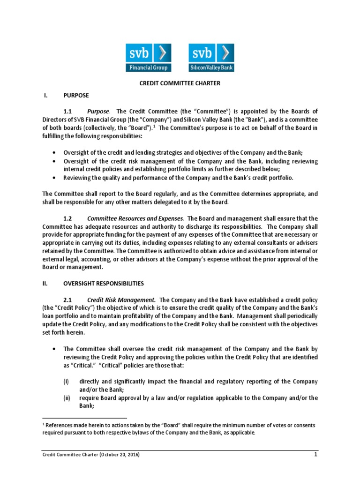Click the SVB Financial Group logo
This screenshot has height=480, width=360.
[148, 57]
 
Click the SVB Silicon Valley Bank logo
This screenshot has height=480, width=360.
[211, 57]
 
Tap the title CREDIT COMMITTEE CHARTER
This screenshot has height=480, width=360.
[180, 83]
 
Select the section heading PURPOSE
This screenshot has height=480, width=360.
[76, 95]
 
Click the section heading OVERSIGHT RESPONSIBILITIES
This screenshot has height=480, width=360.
[104, 284]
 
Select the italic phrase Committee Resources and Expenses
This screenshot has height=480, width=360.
[135, 218]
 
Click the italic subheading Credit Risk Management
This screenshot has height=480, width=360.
[121, 300]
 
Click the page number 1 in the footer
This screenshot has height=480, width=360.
[316, 455]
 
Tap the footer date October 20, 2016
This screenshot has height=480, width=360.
[117, 455]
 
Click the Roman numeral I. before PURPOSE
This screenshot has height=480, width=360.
[45, 95]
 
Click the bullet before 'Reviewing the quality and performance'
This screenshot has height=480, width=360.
[54, 178]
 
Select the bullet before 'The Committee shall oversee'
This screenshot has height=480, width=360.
[54, 349]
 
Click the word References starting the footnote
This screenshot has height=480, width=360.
[59, 425]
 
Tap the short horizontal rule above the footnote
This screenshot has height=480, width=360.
[84, 417]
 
